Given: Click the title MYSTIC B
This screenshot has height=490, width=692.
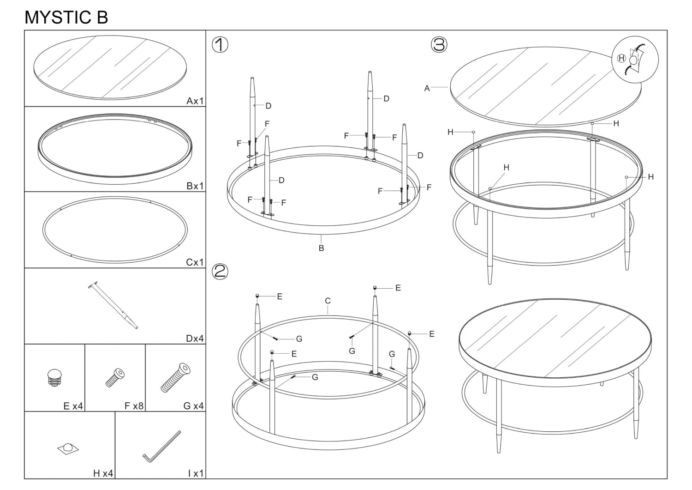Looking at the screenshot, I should [66, 17].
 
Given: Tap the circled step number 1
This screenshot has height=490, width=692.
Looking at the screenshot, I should [220, 45].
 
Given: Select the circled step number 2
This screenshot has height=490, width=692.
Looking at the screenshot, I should [220, 271].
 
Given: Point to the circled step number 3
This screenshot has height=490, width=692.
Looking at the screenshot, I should [439, 45].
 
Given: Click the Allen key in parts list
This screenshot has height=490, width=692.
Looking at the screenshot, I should [161, 446].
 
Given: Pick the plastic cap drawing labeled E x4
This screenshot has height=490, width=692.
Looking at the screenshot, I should [55, 377].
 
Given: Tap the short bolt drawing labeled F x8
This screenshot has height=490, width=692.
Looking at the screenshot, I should [115, 377].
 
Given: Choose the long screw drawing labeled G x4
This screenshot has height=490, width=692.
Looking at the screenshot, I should [176, 377].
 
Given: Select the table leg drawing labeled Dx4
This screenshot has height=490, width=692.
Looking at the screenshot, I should [114, 305].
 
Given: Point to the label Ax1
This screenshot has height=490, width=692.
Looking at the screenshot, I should [195, 101].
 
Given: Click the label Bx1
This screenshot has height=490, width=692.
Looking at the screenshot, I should [195, 186].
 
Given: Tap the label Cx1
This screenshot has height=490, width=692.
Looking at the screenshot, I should [195, 262].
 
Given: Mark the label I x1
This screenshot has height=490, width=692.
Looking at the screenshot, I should [196, 473].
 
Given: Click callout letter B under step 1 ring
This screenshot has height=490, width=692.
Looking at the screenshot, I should [321, 248].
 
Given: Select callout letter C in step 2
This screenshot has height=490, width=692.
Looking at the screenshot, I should [328, 301].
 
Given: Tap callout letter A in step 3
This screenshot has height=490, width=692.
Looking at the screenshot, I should [427, 88].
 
